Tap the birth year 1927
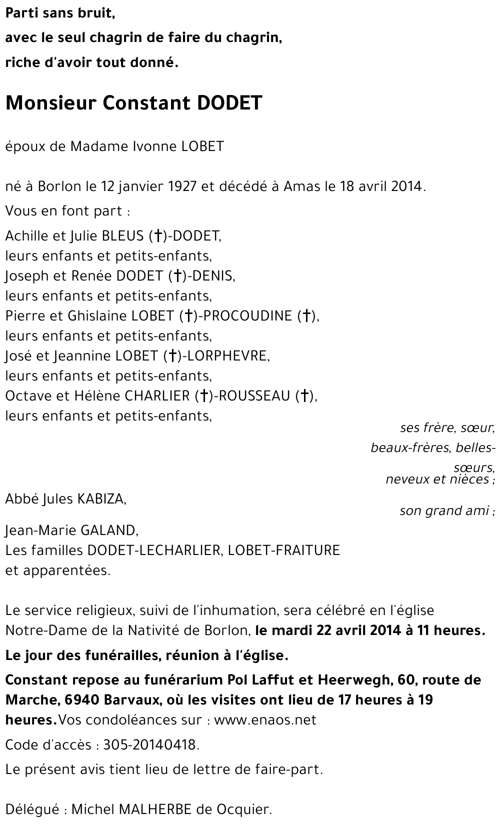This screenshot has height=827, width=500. pyautogui.click(x=182, y=186)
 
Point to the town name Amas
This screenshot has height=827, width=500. pyautogui.click(x=301, y=186)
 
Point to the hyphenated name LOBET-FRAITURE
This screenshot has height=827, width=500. pyautogui.click(x=283, y=550)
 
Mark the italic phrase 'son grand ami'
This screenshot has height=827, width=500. pyautogui.click(x=444, y=510)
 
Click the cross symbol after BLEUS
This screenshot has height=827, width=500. pyautogui.click(x=158, y=235)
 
